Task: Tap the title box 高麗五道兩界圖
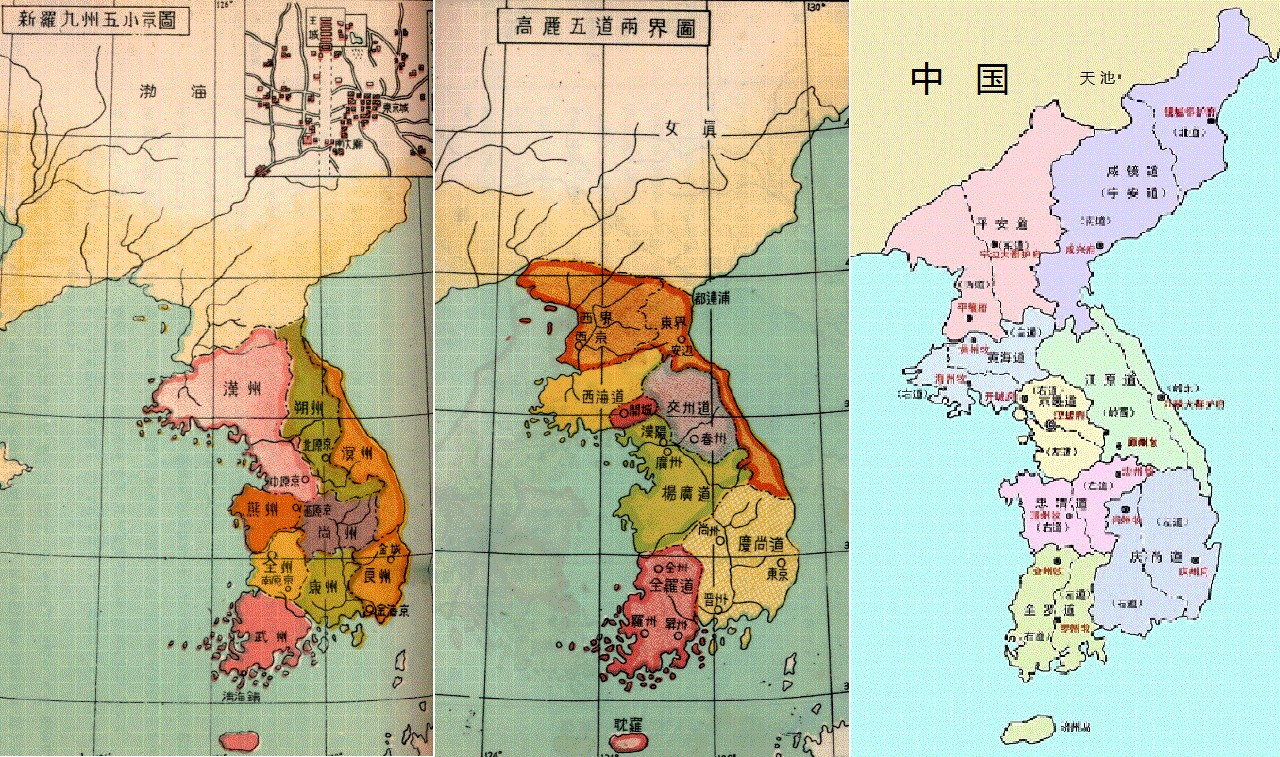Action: [603, 28]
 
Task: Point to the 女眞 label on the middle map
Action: [691, 127]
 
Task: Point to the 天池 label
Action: [1099, 77]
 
